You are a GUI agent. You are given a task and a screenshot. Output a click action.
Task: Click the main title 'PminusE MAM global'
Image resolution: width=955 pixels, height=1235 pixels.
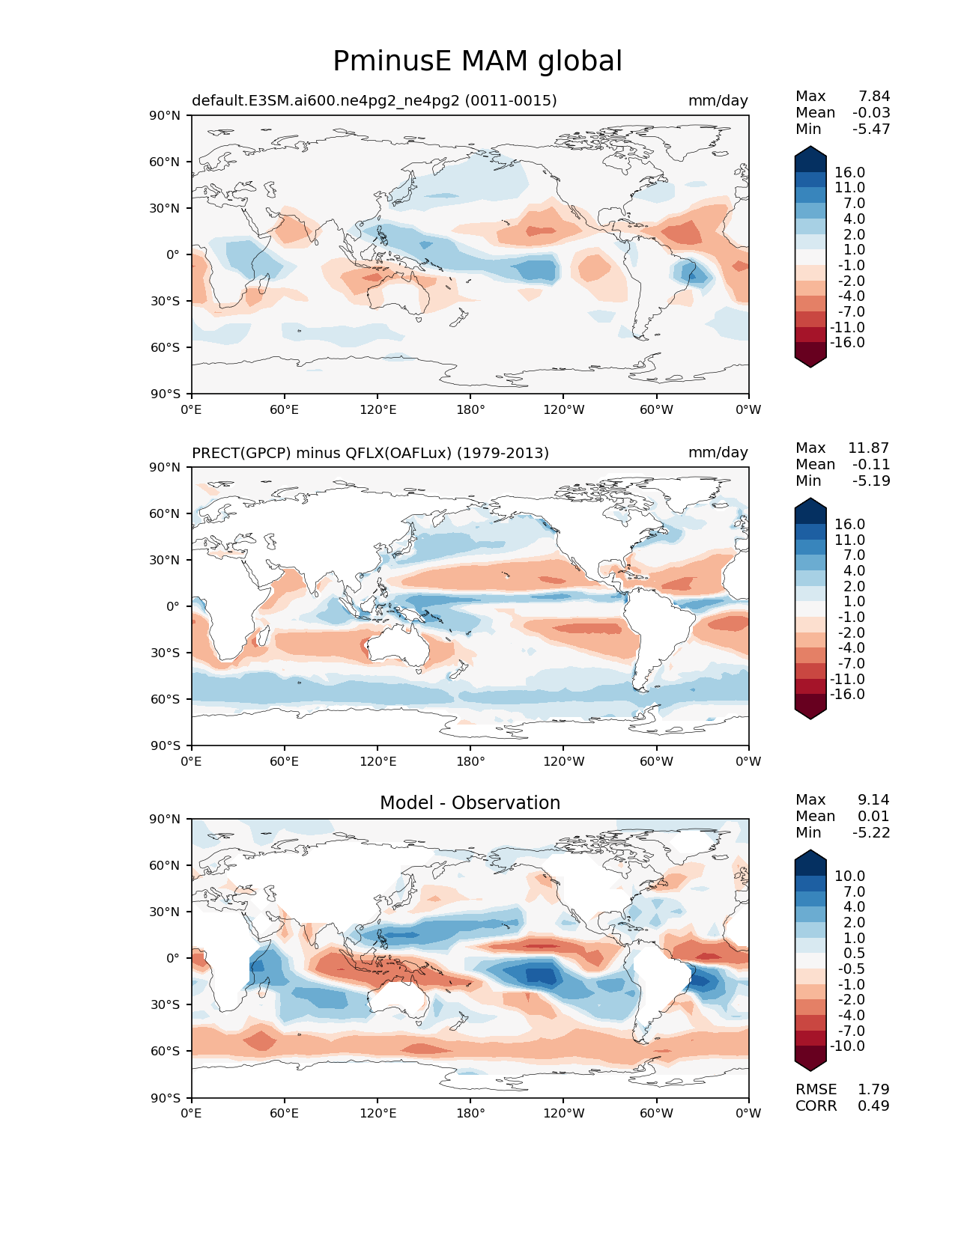coord(477,61)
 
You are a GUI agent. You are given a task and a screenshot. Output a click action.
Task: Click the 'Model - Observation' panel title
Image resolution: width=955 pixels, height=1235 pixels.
coord(470,802)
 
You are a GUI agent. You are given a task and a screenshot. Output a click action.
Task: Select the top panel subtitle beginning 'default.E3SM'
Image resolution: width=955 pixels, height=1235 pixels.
coord(375,100)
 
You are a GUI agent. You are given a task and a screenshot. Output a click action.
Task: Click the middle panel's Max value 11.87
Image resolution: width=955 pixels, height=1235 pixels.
coord(869,448)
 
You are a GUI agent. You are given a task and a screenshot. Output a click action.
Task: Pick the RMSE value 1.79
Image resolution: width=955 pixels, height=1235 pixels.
coord(873,1089)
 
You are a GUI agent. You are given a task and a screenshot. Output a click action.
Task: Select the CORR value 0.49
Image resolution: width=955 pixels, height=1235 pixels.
coord(873,1106)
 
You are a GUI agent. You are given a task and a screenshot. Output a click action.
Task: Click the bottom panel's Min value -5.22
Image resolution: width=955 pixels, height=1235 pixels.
coord(871,832)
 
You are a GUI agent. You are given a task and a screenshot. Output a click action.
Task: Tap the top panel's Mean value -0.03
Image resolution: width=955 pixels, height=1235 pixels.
coord(871,112)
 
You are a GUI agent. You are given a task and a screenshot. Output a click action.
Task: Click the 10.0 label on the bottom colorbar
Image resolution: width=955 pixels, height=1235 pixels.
coord(850,876)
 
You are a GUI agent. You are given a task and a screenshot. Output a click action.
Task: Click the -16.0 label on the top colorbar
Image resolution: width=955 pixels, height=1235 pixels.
coord(847,342)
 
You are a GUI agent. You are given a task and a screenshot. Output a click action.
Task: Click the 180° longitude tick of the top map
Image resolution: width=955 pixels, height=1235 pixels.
coord(470,409)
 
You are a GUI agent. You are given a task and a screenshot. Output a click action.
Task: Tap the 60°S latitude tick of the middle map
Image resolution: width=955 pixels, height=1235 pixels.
coord(165,699)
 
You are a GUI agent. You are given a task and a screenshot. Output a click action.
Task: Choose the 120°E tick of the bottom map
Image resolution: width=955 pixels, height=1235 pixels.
coord(378,1113)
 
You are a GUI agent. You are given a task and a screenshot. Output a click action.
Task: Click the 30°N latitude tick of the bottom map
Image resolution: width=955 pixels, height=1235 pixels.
coord(164,912)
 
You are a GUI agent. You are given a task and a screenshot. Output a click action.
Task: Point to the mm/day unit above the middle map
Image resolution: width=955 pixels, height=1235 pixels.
coord(718,452)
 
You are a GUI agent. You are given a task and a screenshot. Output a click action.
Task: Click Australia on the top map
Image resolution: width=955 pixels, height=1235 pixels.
coord(399,296)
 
